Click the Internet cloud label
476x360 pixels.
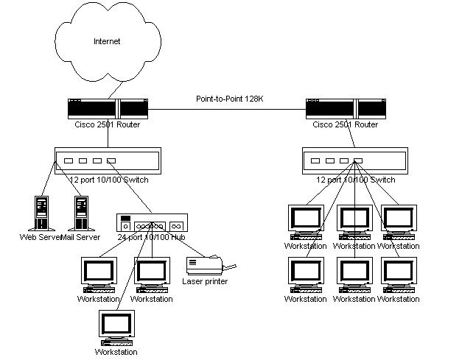tap(107, 42)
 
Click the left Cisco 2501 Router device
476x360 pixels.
tap(108, 109)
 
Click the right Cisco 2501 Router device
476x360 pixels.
tap(346, 109)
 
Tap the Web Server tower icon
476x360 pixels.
tap(42, 213)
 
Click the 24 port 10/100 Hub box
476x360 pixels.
tap(152, 224)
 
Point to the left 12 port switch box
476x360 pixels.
tap(108, 160)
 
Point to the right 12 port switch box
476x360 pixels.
tap(355, 160)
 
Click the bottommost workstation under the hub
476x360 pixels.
tap(116, 330)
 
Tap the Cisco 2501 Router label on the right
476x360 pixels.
tap(345, 124)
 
